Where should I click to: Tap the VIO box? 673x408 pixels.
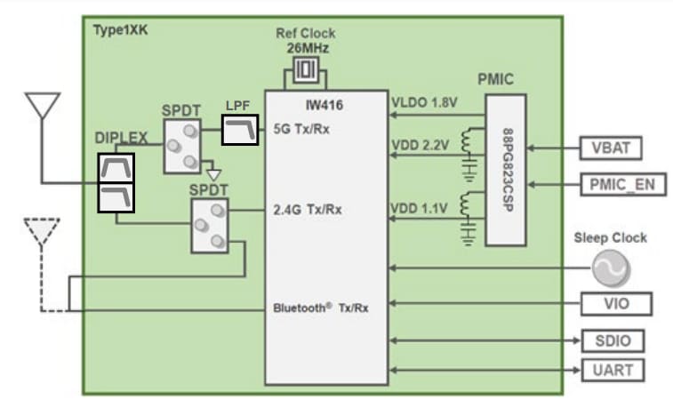pos(616,303)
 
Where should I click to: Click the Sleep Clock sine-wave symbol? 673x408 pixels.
pos(611,268)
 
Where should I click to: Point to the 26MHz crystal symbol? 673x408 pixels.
pos(306,70)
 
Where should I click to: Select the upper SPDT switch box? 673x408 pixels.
pos(182,148)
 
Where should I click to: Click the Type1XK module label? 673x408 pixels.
pos(121,29)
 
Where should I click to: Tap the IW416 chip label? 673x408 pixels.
pos(325,105)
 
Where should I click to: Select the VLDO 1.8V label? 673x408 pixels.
pos(423,103)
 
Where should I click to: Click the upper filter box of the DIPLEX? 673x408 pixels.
pos(116,167)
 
